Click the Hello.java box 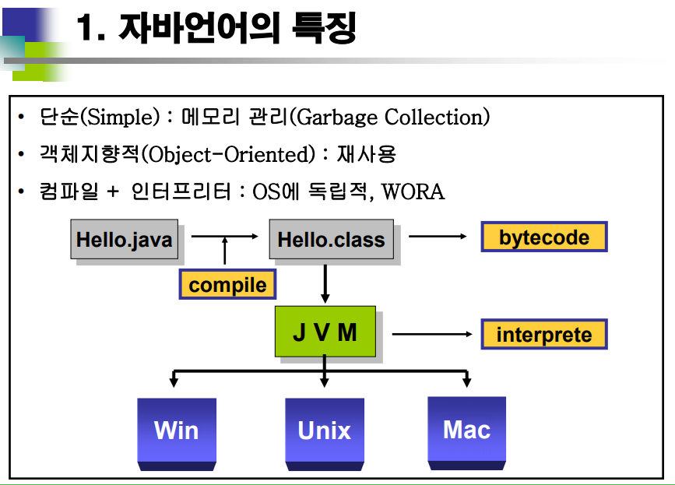(x=125, y=238)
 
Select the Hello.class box (x=331, y=239)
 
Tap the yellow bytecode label (x=543, y=237)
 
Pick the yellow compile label (x=227, y=285)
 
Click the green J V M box (x=325, y=332)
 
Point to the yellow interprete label (x=543, y=335)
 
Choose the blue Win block (x=177, y=430)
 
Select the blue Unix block (x=325, y=430)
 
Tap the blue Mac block (x=466, y=429)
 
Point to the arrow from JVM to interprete (x=432, y=335)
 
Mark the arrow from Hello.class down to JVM (x=325, y=283)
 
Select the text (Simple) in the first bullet (x=120, y=118)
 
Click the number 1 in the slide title (x=87, y=30)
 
